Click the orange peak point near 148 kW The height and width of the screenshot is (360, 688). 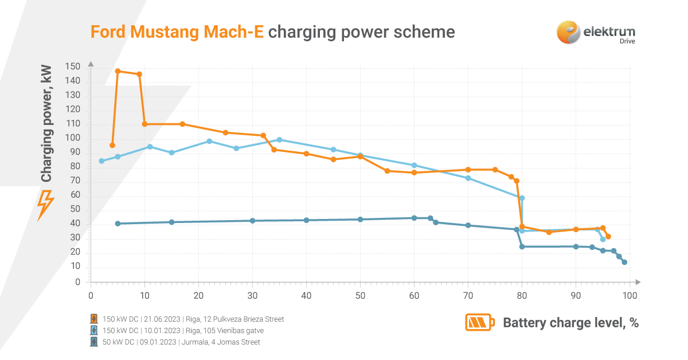pos(118,71)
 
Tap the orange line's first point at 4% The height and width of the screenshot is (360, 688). pos(112,145)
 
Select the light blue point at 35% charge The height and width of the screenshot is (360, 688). pos(279,140)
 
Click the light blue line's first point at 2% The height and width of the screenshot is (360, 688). pos(101,161)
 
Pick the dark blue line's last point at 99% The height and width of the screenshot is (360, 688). pos(624,262)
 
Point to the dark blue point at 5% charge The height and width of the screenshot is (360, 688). pos(118,224)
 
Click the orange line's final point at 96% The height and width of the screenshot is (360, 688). pos(608,236)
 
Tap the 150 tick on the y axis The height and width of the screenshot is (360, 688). pos(73,67)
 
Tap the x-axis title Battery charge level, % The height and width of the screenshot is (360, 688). pos(570,323)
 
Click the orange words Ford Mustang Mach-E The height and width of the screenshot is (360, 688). pos(177,32)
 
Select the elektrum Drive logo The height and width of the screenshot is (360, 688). pos(596,32)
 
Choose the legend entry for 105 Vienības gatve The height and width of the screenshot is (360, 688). pos(183,330)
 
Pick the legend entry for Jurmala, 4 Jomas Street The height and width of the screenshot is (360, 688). pos(181,342)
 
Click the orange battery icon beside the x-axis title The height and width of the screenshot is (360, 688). pos(479,323)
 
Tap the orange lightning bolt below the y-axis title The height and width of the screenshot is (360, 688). pos(46,205)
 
